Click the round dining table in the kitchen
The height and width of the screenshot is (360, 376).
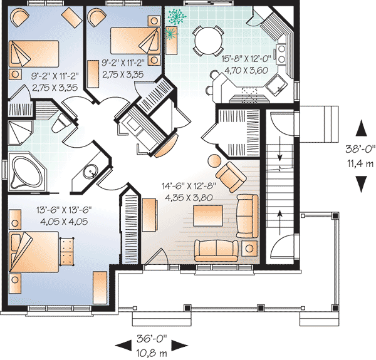click(208, 41)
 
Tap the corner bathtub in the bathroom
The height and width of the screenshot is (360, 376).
click(27, 172)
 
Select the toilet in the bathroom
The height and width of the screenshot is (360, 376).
click(61, 123)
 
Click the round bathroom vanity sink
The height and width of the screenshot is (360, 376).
click(91, 172)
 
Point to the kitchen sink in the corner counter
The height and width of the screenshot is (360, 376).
click(277, 84)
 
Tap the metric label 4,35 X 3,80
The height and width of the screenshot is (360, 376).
click(189, 198)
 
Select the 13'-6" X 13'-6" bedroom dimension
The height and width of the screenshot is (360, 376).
click(64, 210)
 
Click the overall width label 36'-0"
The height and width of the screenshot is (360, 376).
click(152, 339)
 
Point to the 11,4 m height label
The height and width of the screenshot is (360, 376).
click(360, 164)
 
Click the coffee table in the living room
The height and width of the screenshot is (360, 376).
click(209, 215)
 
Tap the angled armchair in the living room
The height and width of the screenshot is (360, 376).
click(231, 177)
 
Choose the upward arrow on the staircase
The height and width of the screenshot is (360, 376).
click(280, 222)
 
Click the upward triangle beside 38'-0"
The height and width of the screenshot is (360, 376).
click(361, 128)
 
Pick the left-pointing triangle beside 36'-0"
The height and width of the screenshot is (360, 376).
click(123, 346)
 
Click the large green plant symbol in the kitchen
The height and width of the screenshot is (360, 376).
click(177, 16)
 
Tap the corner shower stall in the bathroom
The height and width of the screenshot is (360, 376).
click(20, 133)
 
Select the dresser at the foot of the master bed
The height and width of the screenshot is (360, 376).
click(66, 251)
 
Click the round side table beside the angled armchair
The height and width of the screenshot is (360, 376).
click(214, 160)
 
